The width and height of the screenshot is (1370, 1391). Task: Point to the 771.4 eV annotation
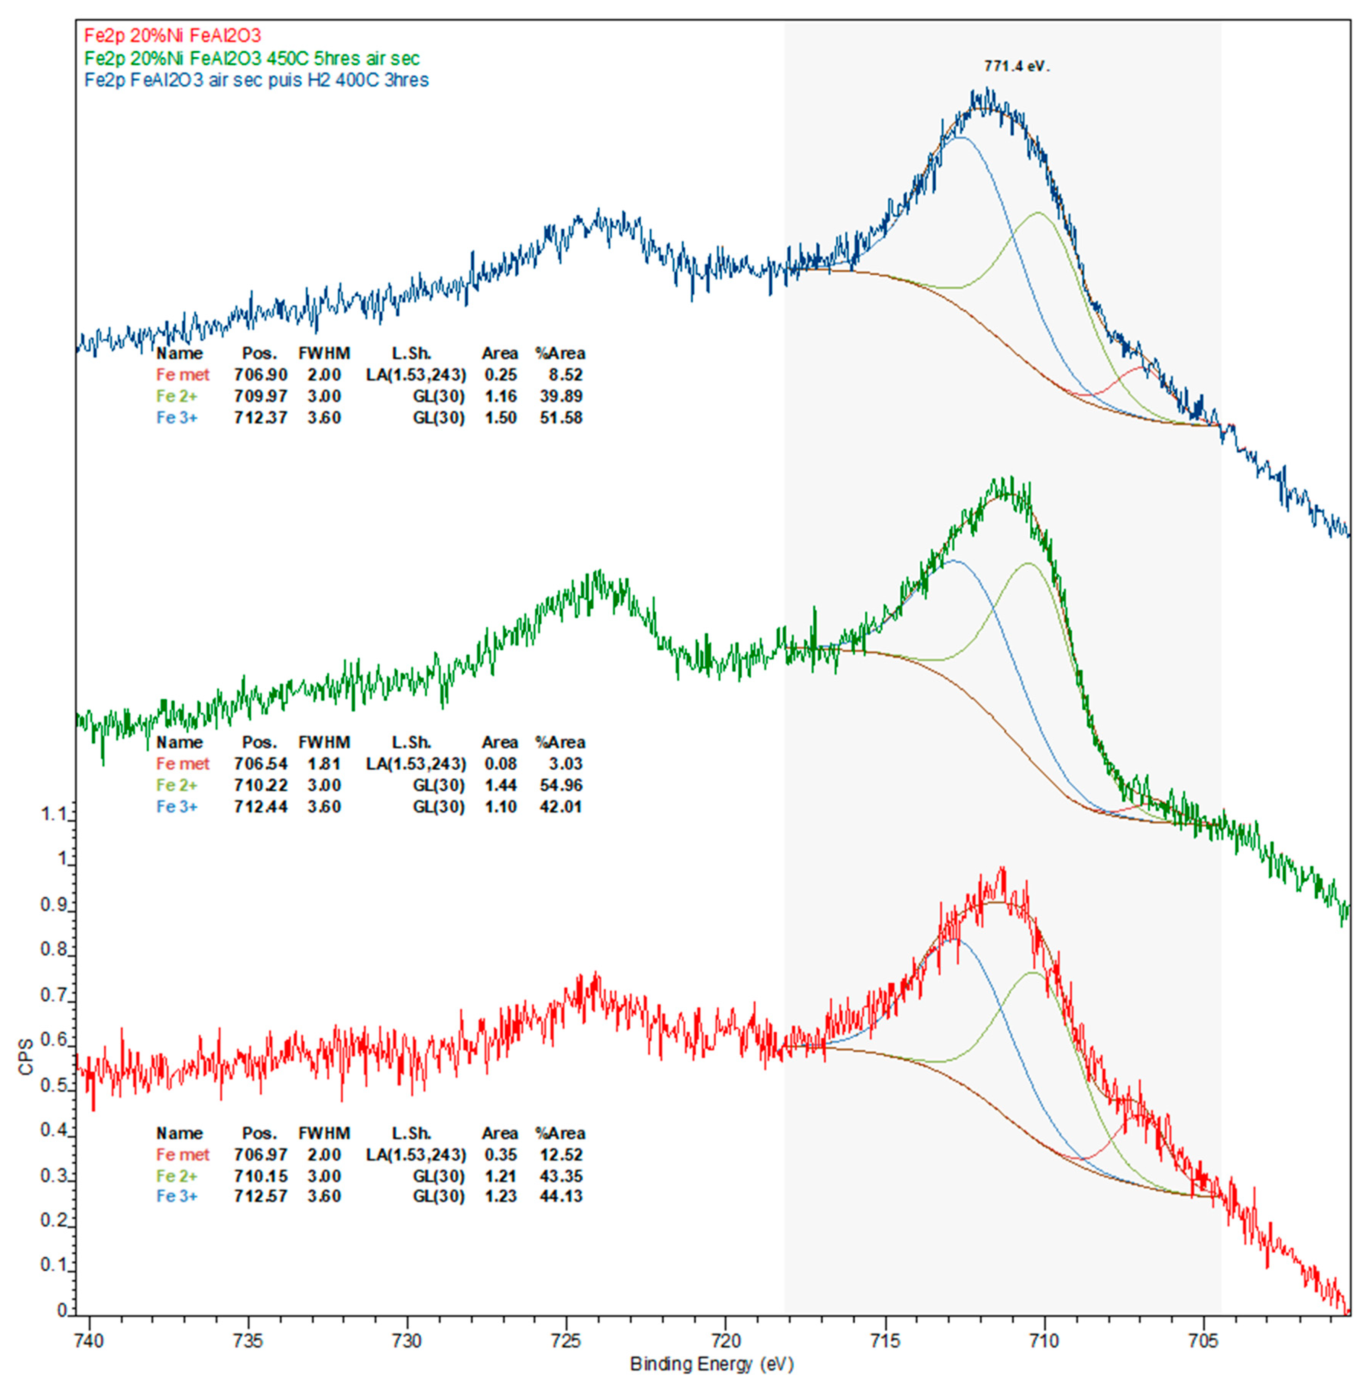(x=1016, y=66)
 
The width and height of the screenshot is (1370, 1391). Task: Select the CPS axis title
(x=26, y=1057)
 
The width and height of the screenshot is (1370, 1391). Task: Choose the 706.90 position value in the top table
(x=261, y=375)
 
